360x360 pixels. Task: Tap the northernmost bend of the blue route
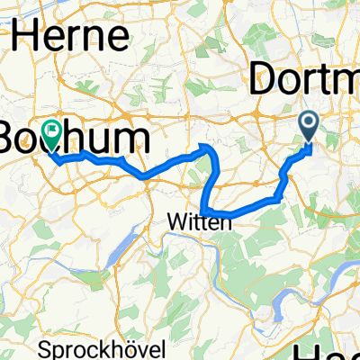pyautogui.click(x=210, y=146)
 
